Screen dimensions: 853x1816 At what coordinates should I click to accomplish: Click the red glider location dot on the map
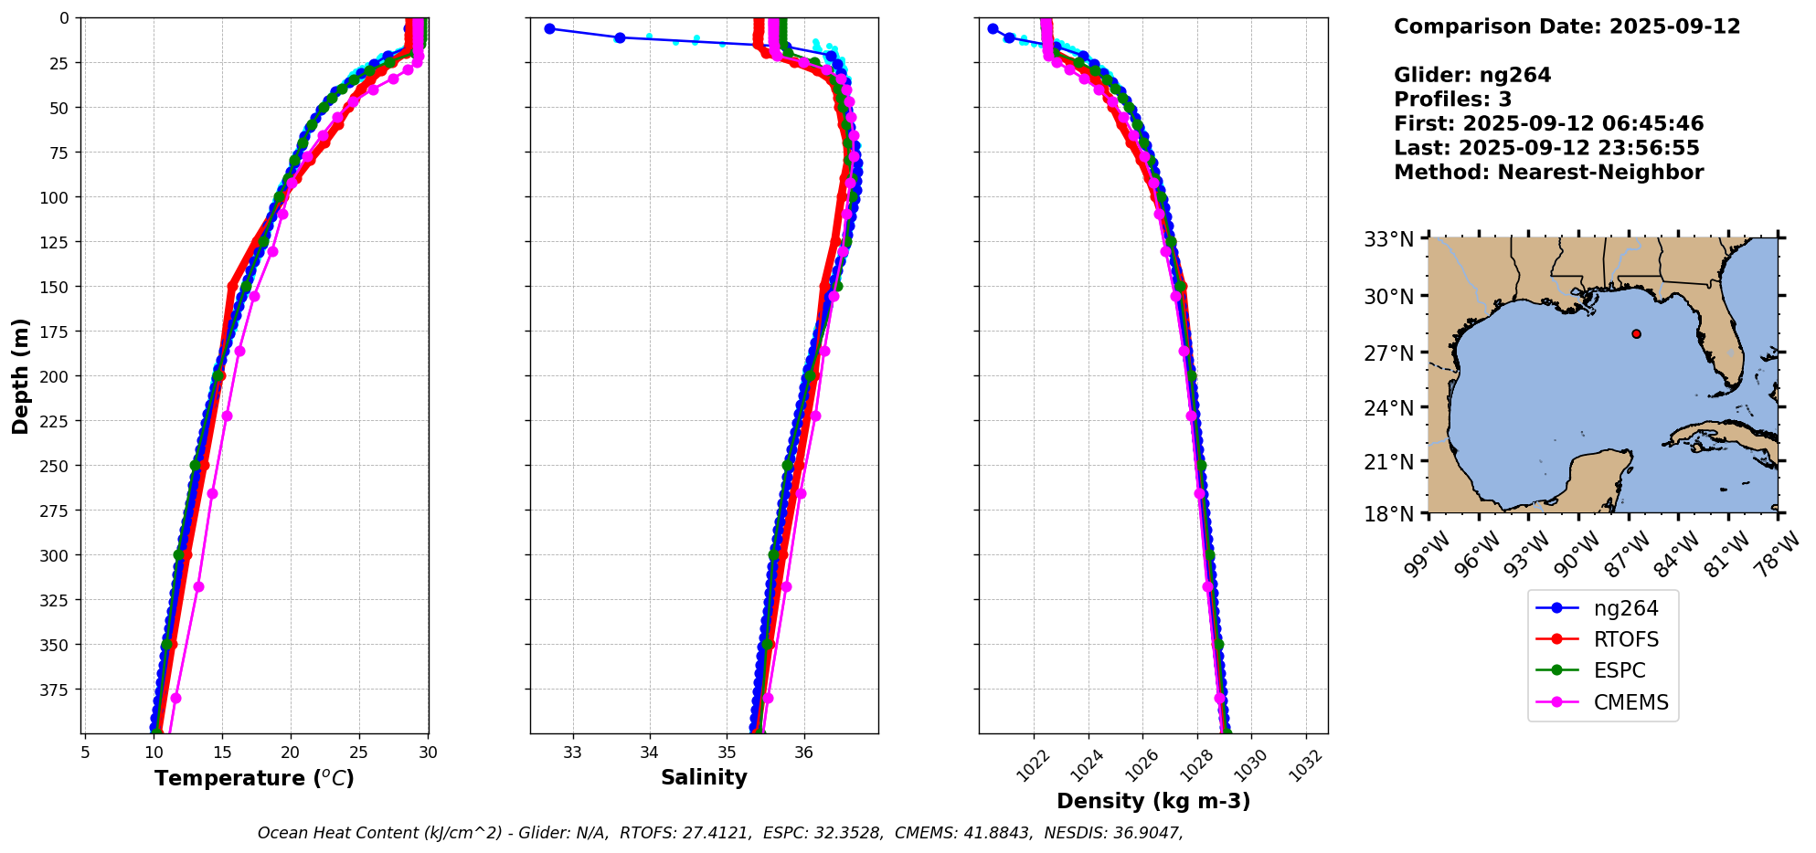[x=1636, y=334]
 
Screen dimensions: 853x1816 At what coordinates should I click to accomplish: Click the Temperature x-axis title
[x=254, y=778]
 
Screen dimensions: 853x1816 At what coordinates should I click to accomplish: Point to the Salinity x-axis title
[x=704, y=777]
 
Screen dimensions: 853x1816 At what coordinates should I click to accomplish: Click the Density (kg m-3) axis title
[x=1153, y=801]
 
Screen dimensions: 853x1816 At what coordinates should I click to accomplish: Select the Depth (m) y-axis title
[x=20, y=375]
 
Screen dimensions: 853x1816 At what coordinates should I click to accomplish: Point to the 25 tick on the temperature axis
[x=359, y=753]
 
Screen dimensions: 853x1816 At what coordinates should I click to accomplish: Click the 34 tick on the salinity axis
[x=649, y=753]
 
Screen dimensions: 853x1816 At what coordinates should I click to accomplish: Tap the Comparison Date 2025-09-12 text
[x=1566, y=26]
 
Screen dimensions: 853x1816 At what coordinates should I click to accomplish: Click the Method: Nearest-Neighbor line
[x=1548, y=173]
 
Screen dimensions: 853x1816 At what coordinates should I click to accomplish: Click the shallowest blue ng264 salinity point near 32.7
[x=549, y=29]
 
